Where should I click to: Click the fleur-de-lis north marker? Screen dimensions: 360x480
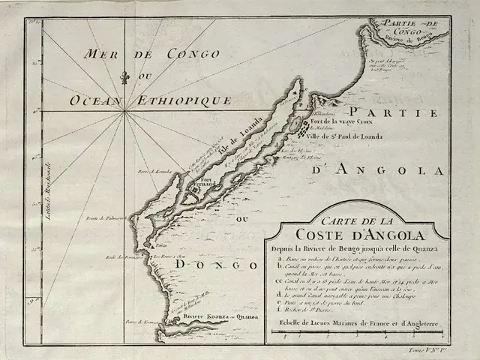pos(125,77)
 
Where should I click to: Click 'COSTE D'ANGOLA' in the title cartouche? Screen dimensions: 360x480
pos(352,233)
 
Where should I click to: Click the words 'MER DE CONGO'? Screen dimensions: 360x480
pos(152,55)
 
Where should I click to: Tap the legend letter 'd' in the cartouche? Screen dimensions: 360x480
pos(279,297)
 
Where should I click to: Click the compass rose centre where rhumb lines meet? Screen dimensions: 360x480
pos(125,111)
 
